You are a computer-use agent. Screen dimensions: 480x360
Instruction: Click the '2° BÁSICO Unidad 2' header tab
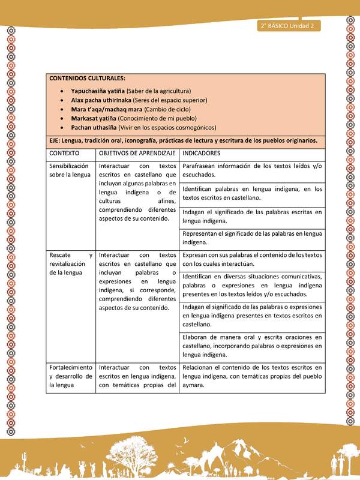pos(289,26)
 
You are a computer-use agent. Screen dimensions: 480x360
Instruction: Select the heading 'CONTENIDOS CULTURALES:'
pos(87,79)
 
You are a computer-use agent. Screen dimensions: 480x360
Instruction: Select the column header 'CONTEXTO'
pos(65,154)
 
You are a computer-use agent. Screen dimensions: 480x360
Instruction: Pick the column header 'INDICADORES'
pos(202,154)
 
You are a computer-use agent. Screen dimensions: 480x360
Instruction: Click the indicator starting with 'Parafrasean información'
pos(252,170)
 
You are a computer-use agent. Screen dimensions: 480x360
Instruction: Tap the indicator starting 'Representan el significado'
pos(252,238)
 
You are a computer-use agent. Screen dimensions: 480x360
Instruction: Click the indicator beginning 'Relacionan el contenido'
pos(252,376)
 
